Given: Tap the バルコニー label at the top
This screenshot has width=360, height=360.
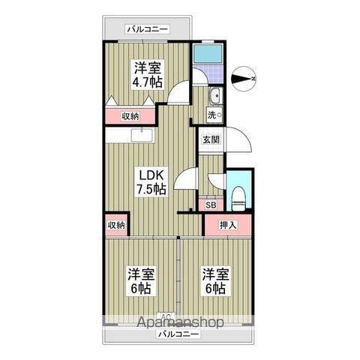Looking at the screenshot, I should pyautogui.click(x=147, y=29).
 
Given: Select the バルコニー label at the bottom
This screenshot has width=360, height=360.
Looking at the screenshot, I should pyautogui.click(x=178, y=333).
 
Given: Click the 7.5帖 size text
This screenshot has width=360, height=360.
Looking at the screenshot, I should pyautogui.click(x=151, y=190).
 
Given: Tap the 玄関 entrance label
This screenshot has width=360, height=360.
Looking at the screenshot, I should pyautogui.click(x=210, y=139).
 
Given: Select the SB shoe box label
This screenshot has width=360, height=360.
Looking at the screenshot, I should pyautogui.click(x=211, y=203).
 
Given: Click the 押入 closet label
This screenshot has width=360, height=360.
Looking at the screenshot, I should pyautogui.click(x=228, y=224).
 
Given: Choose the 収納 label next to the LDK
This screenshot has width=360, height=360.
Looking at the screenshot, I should pyautogui.click(x=115, y=224).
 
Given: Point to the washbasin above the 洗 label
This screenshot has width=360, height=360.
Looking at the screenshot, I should pyautogui.click(x=214, y=96).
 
